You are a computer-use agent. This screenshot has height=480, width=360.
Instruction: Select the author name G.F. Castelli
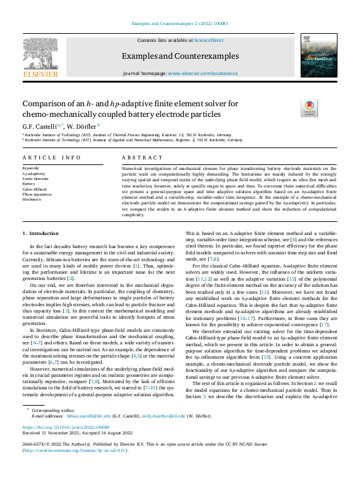(44, 126)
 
